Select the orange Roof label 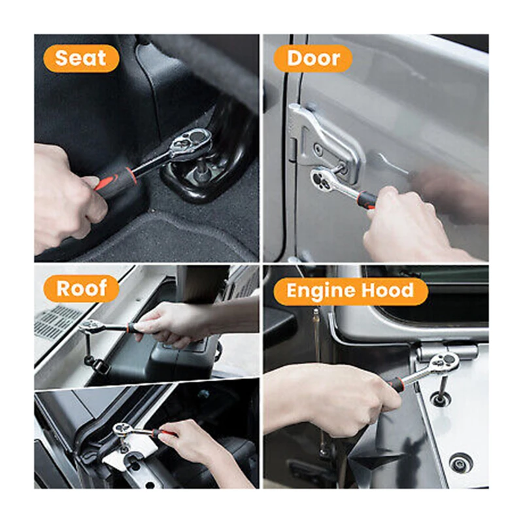click(x=81, y=288)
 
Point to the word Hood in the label click(x=390, y=291)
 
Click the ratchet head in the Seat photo click(x=191, y=143)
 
